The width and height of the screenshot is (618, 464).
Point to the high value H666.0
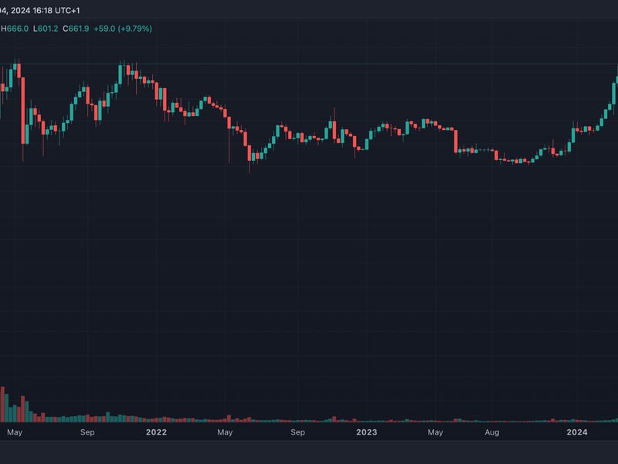click(15, 29)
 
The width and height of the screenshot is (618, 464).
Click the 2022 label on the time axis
click(157, 432)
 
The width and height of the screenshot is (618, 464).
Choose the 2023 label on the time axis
click(366, 432)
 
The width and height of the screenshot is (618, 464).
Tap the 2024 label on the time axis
click(576, 432)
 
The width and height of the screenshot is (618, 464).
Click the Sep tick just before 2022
click(87, 432)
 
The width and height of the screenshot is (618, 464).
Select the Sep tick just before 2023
click(297, 432)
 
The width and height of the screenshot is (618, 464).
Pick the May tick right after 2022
click(226, 432)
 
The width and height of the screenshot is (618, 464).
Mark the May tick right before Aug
click(436, 432)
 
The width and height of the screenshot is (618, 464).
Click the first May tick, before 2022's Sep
click(15, 432)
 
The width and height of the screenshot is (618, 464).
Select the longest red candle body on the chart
click(22, 109)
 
